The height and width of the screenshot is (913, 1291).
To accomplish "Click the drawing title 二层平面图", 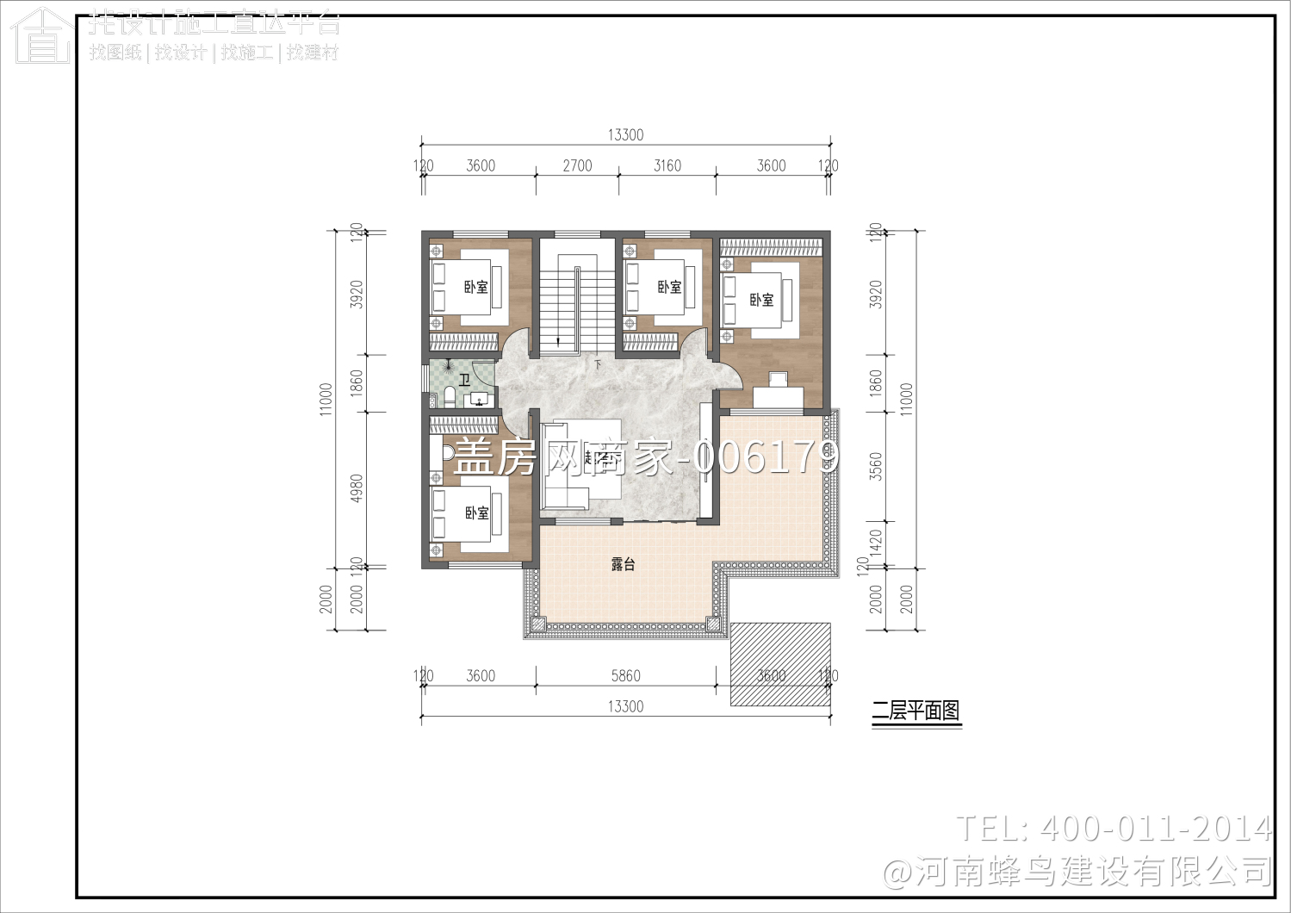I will point(915,711).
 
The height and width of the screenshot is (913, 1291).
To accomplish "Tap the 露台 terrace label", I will point(623,564).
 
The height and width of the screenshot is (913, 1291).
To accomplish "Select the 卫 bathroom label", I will point(464,380).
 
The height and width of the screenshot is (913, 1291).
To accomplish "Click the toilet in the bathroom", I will point(448,397).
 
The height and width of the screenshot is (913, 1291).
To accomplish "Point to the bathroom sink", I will point(477,400).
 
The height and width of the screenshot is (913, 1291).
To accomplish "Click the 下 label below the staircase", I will point(598,365).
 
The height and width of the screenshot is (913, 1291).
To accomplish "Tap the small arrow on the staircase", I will point(560,342).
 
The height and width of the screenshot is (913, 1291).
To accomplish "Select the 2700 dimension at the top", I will point(577,165).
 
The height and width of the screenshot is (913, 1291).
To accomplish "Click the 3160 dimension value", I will point(667,165).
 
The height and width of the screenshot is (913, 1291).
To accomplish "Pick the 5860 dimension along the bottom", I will point(625,676).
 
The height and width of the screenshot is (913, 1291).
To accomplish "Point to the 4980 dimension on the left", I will point(357,488).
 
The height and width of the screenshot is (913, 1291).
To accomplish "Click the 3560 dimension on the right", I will point(876,466).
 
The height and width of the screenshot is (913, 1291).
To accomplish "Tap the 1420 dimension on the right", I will point(876,543).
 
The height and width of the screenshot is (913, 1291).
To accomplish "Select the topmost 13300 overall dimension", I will point(625,134).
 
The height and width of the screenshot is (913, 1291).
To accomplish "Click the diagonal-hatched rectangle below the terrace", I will point(780,664).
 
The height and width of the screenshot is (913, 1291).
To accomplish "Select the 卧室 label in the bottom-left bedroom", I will point(476,513).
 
